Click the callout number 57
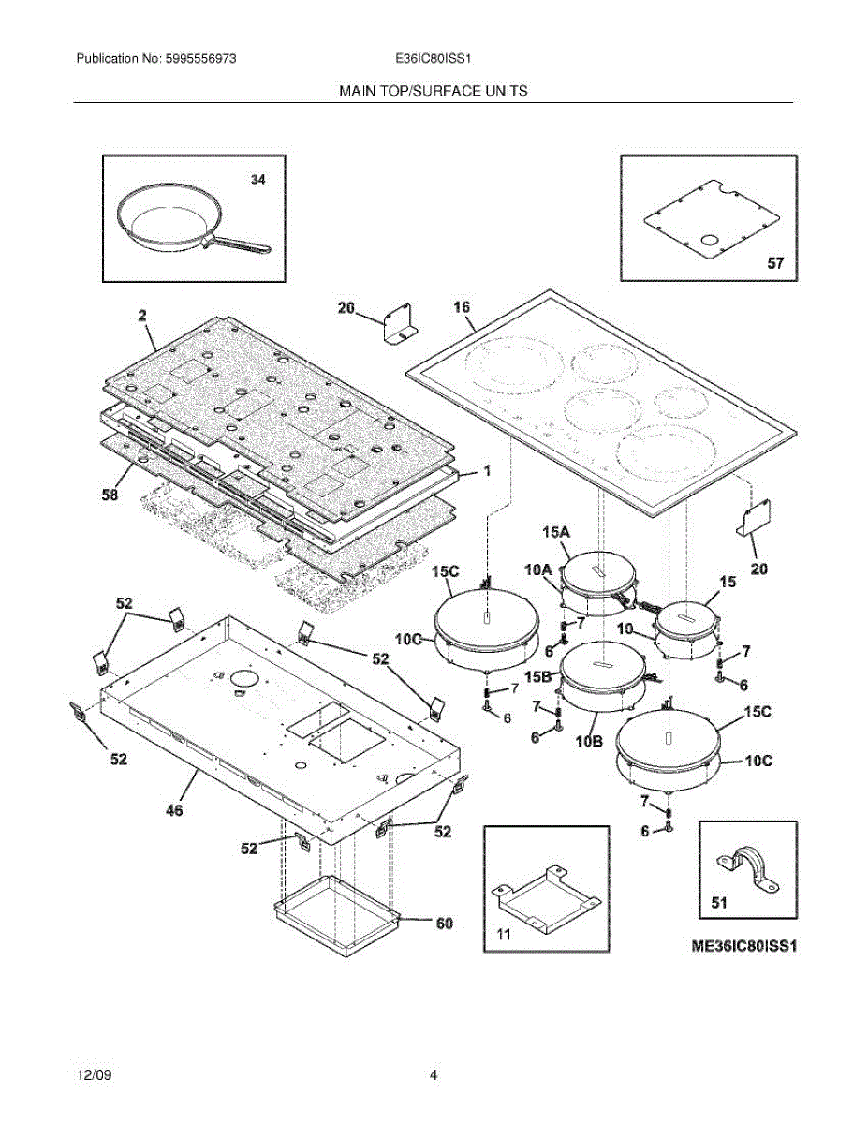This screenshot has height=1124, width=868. pyautogui.click(x=775, y=264)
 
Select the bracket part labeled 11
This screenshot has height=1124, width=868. pyautogui.click(x=546, y=896)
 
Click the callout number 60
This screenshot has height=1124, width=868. pyautogui.click(x=444, y=924)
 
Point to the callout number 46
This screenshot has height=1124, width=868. pyautogui.click(x=175, y=810)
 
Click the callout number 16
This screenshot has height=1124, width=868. pyautogui.click(x=462, y=307)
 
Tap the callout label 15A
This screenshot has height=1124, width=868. pyautogui.click(x=555, y=531)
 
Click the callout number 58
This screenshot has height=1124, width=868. pyautogui.click(x=110, y=496)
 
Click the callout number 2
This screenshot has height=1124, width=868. pyautogui.click(x=142, y=317)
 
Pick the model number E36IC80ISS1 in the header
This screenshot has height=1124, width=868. pyautogui.click(x=433, y=58)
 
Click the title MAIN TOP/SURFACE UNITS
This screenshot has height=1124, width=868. pyautogui.click(x=433, y=91)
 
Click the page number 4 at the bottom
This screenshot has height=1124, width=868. pyautogui.click(x=434, y=1075)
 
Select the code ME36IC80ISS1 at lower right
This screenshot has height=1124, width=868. pyautogui.click(x=743, y=946)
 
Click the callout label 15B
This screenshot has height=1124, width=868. pyautogui.click(x=538, y=676)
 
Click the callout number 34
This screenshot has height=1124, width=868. pyautogui.click(x=257, y=180)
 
